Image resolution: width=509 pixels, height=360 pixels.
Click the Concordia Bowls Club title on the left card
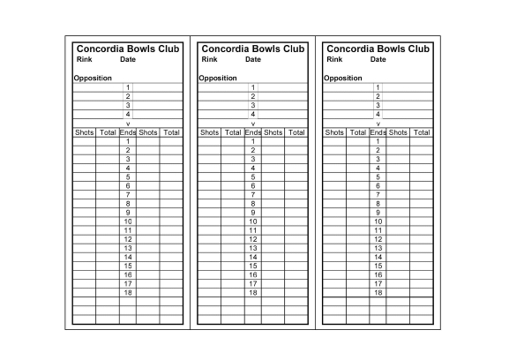[x=128, y=49]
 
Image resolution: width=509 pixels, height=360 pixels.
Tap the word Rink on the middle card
[x=209, y=59]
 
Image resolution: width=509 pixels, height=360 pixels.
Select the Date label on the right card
[x=378, y=59]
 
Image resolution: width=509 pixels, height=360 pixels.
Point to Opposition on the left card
[x=93, y=78]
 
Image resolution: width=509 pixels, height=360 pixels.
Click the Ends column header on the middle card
[x=252, y=132]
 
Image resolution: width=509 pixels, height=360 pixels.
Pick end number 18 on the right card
[x=378, y=292]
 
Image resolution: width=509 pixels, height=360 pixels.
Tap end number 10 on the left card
[x=128, y=221]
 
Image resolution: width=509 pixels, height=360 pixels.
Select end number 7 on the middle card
[x=253, y=194]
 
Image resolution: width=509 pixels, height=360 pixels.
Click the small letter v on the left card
[x=128, y=124]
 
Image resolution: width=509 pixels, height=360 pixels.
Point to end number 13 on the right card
[x=378, y=248]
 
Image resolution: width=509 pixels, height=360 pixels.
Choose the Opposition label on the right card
[x=343, y=78]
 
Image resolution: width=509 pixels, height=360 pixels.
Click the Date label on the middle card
[x=253, y=59]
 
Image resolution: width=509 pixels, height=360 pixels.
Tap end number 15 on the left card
[x=128, y=266]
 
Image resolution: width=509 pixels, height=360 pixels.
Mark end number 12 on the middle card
[x=253, y=239]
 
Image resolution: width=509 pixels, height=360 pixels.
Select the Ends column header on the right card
[x=378, y=132]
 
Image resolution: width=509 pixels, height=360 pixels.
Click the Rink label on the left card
[x=84, y=59]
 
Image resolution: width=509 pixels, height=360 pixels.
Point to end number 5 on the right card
[x=378, y=176]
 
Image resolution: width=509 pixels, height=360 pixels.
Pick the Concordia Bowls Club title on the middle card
[x=253, y=49]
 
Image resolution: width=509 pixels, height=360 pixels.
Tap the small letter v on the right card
[x=378, y=124]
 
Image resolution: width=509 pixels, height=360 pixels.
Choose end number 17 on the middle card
[x=253, y=283]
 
